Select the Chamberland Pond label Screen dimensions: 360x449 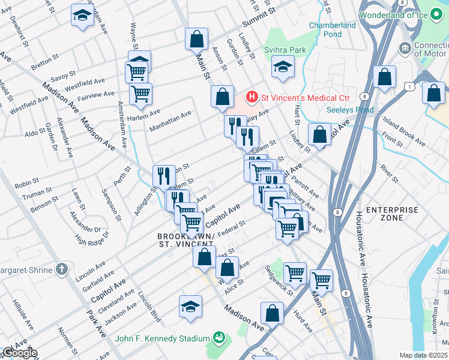[x=332, y=29]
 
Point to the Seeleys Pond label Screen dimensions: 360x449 [x=350, y=110]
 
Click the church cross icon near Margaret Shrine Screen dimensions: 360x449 [x=62, y=269]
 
